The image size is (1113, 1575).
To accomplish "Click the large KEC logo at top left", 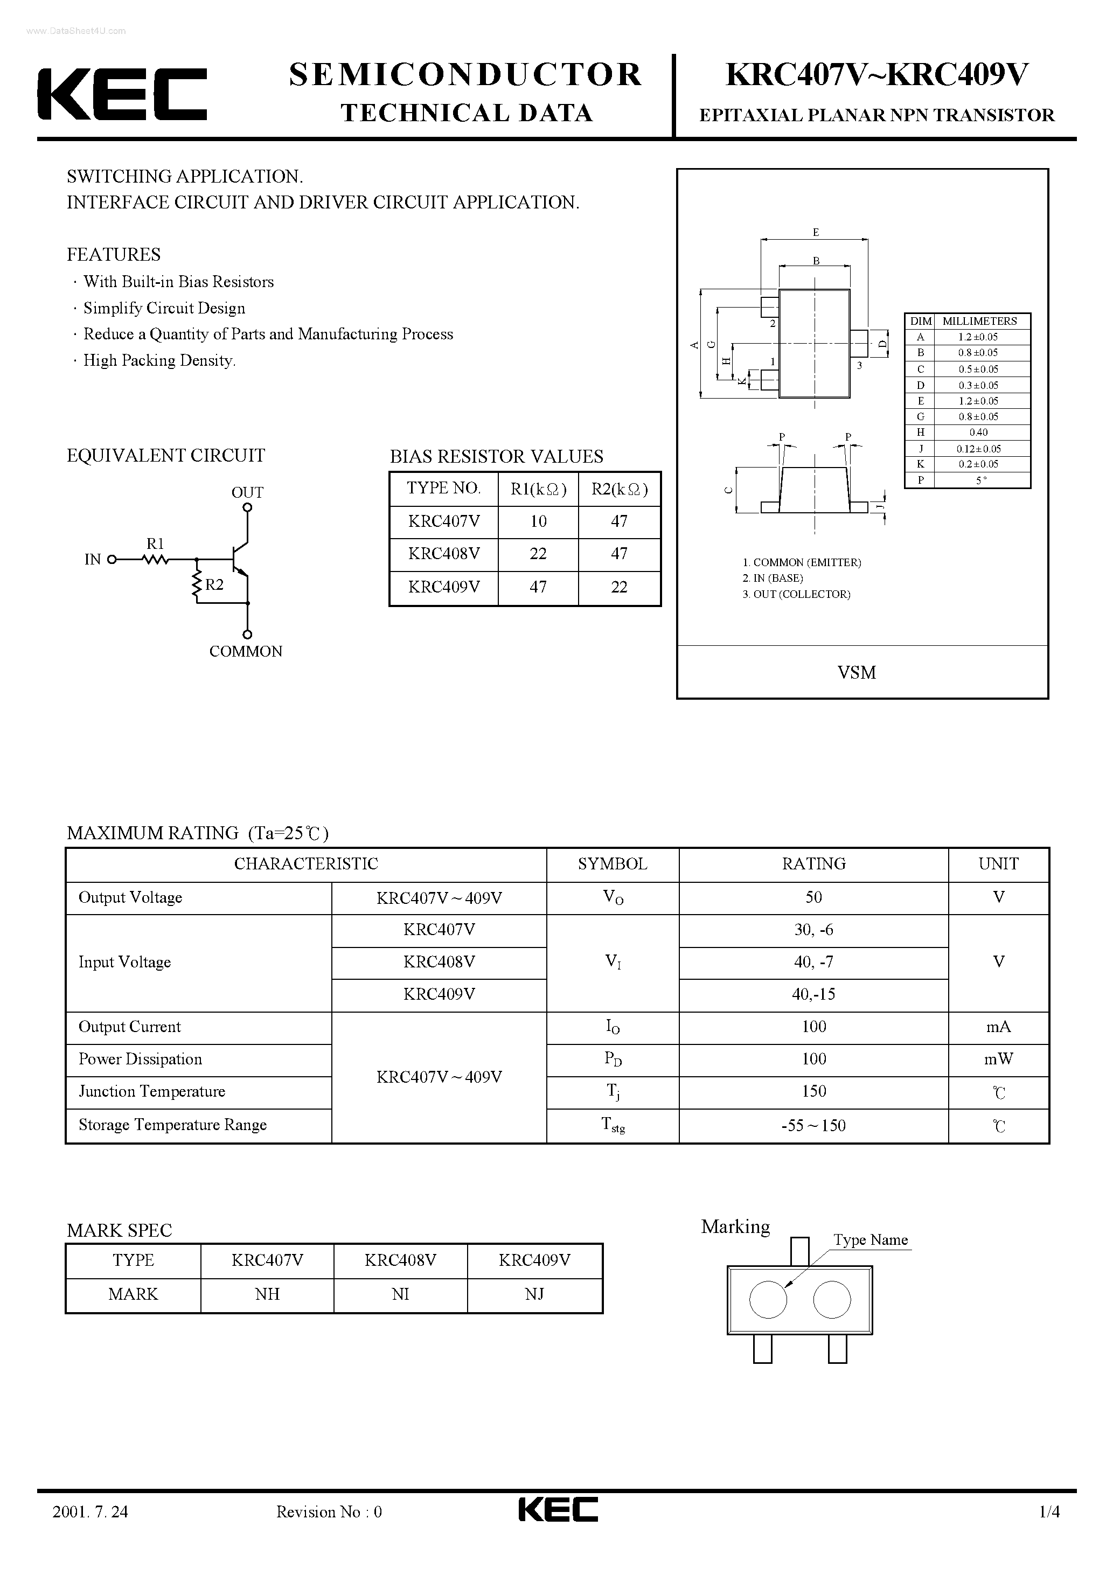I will (x=122, y=94).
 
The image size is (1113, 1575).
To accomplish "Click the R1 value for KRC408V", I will (x=538, y=554).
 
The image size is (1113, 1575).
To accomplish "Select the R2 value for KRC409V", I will (x=619, y=587).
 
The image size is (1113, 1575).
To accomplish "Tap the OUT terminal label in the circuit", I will (x=247, y=492).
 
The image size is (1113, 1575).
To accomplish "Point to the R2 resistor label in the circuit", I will (x=214, y=584).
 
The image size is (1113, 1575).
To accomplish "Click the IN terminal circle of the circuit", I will (x=112, y=560).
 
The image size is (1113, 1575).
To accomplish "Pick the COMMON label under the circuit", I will (x=246, y=652).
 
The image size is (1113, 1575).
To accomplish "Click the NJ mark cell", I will (x=534, y=1294).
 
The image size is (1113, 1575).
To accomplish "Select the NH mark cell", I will (x=267, y=1294).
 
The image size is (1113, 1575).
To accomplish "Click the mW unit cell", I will (x=998, y=1059).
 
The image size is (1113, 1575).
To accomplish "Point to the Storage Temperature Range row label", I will (x=172, y=1125).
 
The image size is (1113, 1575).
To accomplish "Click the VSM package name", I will (x=857, y=672).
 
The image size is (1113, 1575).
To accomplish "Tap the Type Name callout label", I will (x=870, y=1241).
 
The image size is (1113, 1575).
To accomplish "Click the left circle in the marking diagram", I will (x=768, y=1300).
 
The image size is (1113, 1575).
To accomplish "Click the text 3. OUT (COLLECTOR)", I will (x=796, y=594).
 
